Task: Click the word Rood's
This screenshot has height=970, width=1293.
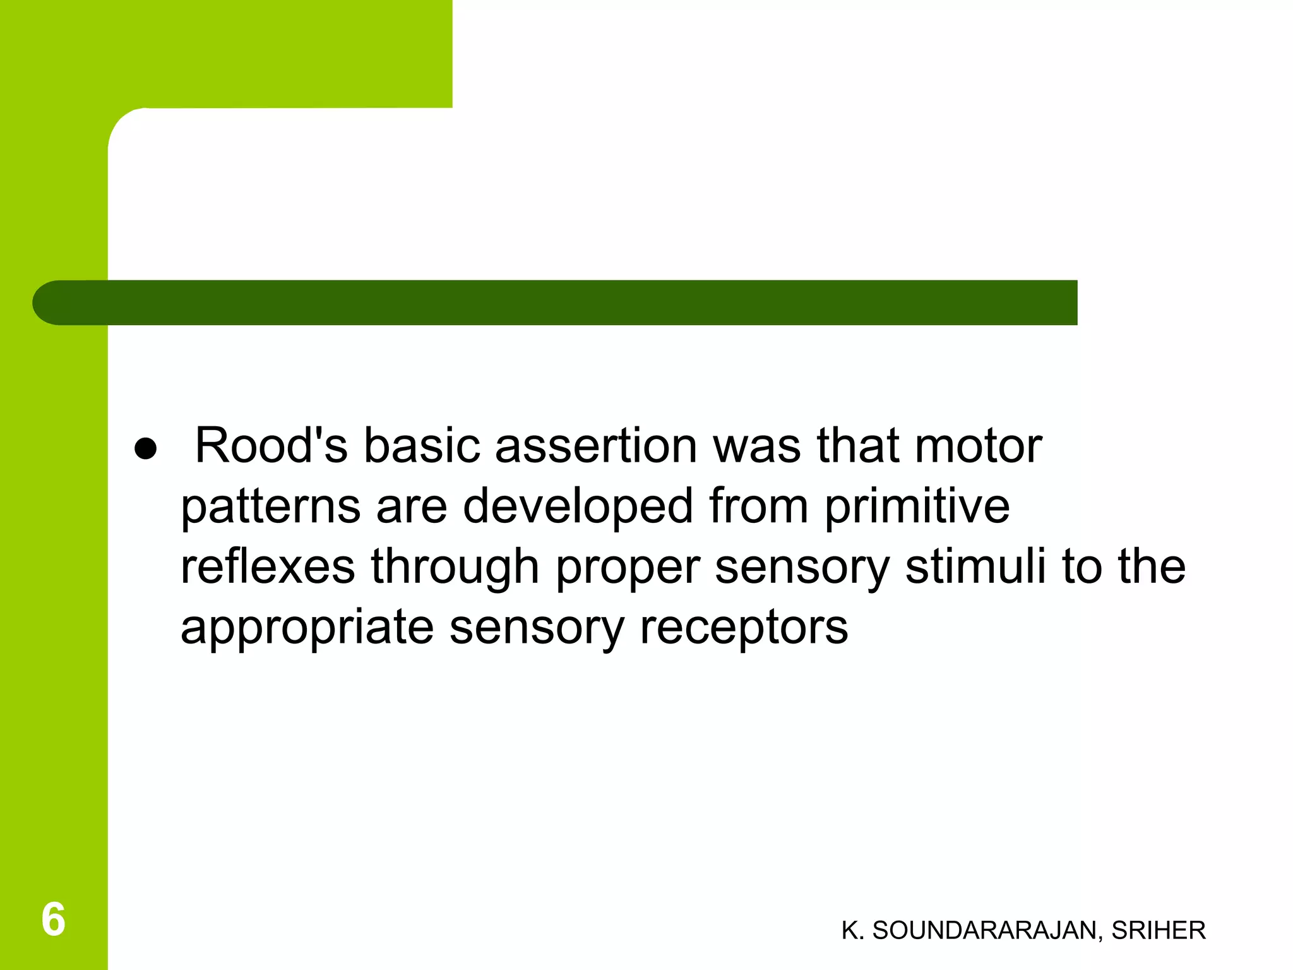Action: click(x=271, y=446)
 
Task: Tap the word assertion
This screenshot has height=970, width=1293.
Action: click(x=596, y=446)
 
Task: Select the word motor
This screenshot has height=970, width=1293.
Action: click(x=978, y=446)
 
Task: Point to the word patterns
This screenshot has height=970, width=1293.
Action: click(x=271, y=506)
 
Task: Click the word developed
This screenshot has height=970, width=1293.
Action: click(x=578, y=506)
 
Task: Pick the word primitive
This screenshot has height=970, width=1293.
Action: click(x=917, y=506)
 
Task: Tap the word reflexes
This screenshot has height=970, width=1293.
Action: click(x=268, y=566)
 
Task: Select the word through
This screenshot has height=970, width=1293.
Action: click(x=455, y=566)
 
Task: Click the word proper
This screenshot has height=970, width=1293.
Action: click(x=628, y=566)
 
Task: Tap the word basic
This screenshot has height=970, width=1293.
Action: click(x=422, y=446)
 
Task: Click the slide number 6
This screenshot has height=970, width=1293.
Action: click(x=53, y=919)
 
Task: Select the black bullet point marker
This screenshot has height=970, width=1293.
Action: click(x=145, y=449)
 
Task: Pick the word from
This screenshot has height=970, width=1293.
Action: click(x=758, y=506)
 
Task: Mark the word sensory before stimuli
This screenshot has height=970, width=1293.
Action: click(x=802, y=566)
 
